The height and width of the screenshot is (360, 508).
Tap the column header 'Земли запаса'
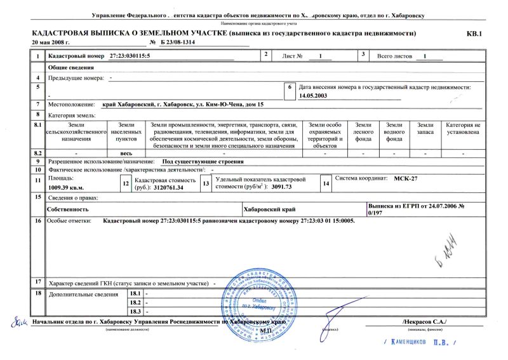[425, 130]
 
